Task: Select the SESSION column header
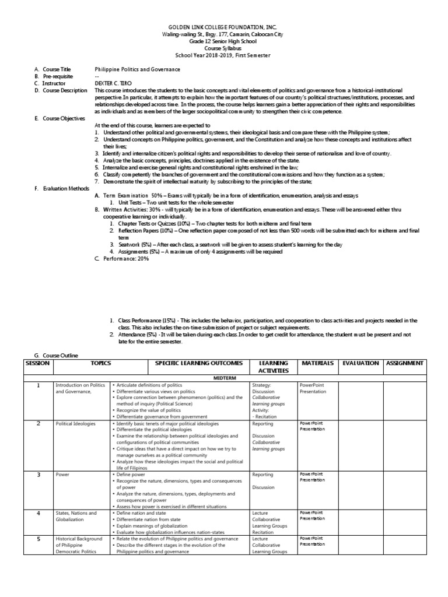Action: coord(37,363)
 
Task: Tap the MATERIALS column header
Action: coord(317,363)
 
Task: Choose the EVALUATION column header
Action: coord(360,363)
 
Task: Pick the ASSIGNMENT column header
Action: coord(405,363)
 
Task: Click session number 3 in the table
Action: coord(38,475)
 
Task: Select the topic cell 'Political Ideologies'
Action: coord(75,424)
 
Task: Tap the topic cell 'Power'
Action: coord(62,475)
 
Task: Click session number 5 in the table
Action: coord(38,539)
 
